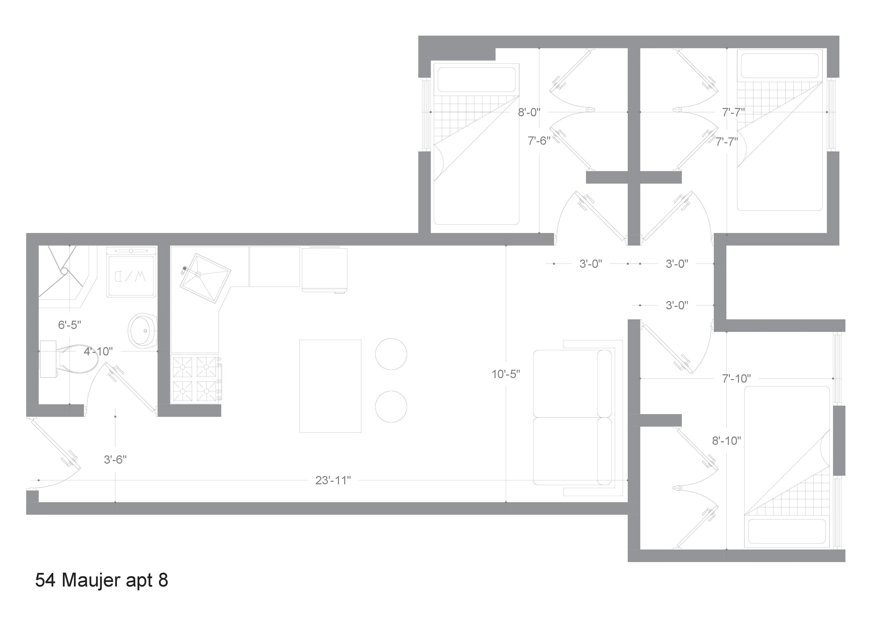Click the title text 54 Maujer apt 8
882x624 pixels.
point(101,580)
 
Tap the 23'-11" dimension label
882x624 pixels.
point(333,481)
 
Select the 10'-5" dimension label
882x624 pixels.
point(506,374)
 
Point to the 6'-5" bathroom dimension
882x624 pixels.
point(70,325)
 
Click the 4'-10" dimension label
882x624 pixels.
point(98,351)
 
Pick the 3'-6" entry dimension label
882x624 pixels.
point(115,460)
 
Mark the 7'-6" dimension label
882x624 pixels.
point(539,141)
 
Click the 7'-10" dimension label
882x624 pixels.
point(736,379)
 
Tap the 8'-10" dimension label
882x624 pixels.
point(726,441)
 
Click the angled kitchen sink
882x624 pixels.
point(205,278)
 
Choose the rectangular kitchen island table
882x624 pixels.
point(330,386)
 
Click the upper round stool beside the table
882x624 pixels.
point(391,354)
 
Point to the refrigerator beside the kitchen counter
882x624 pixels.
point(324,269)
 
